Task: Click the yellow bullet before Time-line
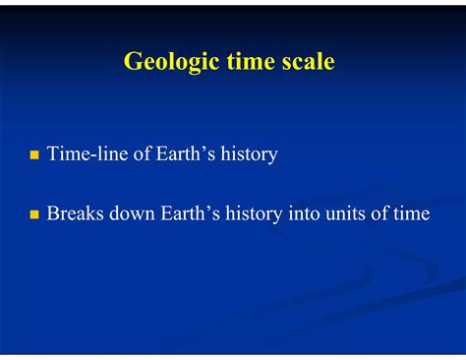[x=34, y=155]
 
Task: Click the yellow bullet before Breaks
[x=34, y=213]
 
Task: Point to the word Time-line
[x=85, y=154]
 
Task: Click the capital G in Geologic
[x=133, y=62]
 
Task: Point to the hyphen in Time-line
[x=88, y=156]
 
